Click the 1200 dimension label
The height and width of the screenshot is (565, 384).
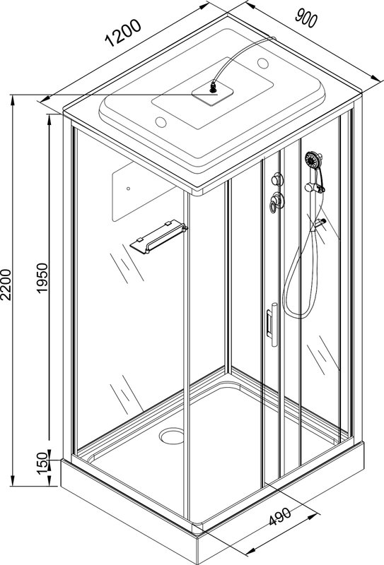(x=122, y=32)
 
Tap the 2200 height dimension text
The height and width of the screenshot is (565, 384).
(x=6, y=285)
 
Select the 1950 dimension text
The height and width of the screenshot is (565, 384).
(x=42, y=278)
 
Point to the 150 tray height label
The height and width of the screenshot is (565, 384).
(x=42, y=463)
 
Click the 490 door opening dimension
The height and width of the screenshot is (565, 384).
(x=280, y=516)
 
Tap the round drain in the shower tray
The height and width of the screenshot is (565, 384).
(x=172, y=436)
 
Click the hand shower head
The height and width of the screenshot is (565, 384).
(x=313, y=160)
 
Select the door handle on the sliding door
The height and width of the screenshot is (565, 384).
(x=272, y=324)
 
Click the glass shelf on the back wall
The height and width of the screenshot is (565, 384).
(x=159, y=237)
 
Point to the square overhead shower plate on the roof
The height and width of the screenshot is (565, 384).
(x=212, y=93)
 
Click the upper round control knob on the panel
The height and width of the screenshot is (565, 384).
(x=277, y=179)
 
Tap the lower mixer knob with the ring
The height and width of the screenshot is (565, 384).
(x=276, y=202)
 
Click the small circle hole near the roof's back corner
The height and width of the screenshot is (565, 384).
(x=263, y=64)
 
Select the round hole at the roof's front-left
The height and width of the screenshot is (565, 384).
(x=161, y=122)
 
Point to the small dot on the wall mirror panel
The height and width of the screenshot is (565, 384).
(x=128, y=189)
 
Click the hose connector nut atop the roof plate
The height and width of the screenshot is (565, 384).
(x=214, y=87)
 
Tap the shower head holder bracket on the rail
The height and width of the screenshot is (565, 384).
(x=315, y=187)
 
